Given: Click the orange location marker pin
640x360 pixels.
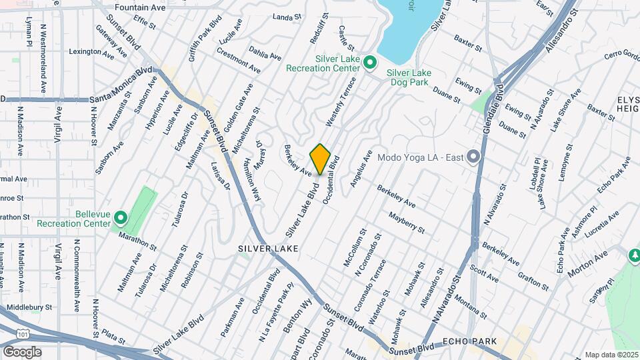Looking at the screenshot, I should click(x=321, y=159).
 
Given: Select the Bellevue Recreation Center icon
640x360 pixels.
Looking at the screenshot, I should click(x=121, y=217).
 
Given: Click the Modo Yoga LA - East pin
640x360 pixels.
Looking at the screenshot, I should click(x=473, y=157).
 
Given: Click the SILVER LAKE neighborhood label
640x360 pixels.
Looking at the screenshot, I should click(x=267, y=248).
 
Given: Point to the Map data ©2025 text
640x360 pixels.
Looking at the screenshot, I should click(x=611, y=355).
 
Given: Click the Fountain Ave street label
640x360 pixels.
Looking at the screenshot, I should click(x=140, y=7).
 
